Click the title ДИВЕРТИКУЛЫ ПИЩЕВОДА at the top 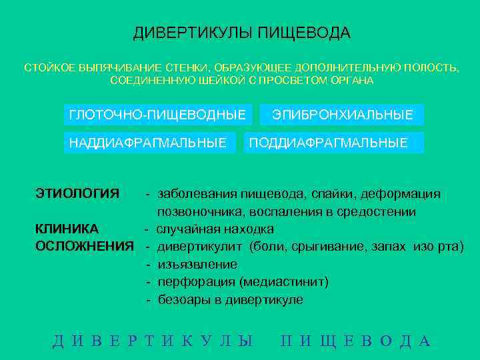tap(241, 33)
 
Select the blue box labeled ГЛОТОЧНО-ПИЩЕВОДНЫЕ tap(157, 115)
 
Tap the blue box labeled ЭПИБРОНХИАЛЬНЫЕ tap(343, 115)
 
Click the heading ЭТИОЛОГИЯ tap(77, 194)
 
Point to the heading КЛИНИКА tap(67, 229)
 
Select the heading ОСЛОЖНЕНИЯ tap(84, 247)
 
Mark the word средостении tap(379, 212)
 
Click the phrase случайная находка tap(215, 229)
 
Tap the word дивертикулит tap(200, 247)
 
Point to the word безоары tap(181, 300)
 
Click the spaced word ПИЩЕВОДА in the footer tap(356, 341)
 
